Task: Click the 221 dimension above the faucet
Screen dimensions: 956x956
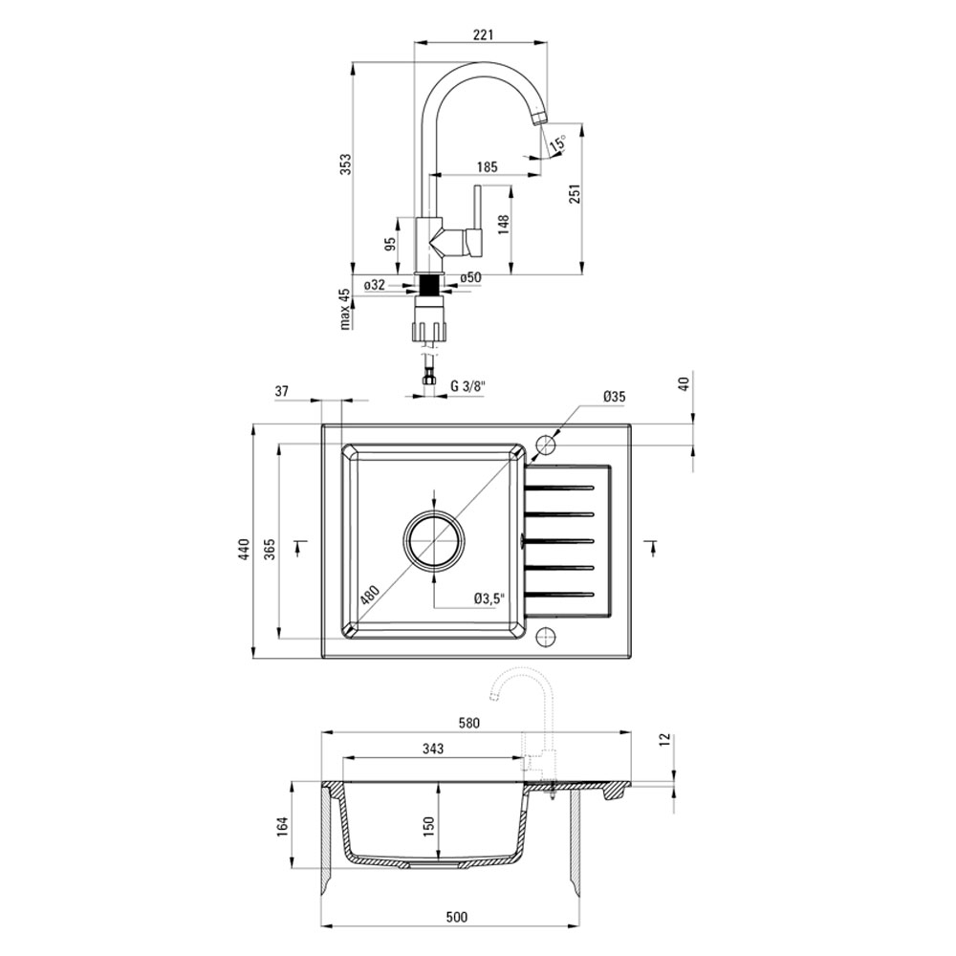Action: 482,34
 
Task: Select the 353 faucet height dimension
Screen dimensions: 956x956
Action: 346,164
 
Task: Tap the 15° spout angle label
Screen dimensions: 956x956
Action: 557,143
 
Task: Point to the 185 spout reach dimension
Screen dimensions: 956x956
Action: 488,166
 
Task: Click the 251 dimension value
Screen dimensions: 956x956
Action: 575,193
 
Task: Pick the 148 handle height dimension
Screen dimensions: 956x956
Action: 503,226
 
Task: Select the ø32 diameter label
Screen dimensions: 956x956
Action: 375,285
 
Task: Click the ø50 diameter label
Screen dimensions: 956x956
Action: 470,277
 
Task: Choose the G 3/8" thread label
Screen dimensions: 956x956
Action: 467,386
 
